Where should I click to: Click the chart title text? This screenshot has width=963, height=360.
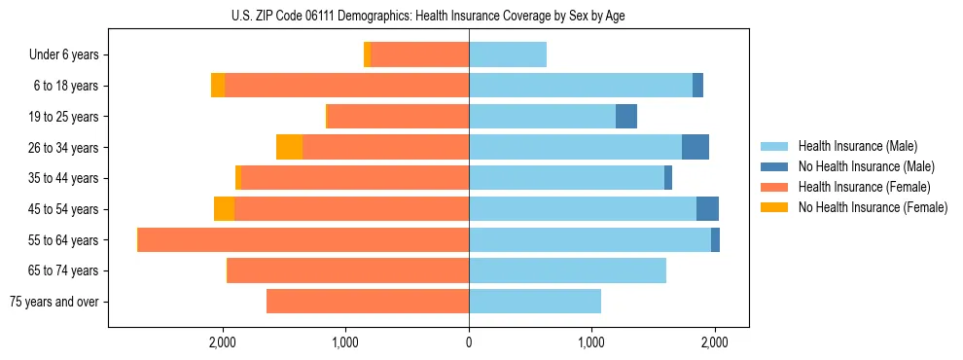coord(428,16)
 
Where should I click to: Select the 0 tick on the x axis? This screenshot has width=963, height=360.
coord(469,342)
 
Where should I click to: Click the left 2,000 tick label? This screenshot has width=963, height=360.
coord(223,342)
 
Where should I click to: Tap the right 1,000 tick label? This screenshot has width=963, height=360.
coord(591,342)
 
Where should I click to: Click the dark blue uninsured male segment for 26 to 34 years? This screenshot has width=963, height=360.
coord(695,147)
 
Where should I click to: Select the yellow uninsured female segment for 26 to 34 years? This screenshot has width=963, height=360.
coord(289,147)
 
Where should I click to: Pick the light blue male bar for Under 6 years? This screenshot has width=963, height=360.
coord(508,55)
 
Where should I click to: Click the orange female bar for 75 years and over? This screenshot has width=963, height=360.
coord(368,302)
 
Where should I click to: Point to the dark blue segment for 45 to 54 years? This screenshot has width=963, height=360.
coord(707,209)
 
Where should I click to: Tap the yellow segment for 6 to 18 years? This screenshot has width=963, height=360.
coord(218,86)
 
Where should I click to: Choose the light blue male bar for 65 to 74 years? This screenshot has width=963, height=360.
coord(567,270)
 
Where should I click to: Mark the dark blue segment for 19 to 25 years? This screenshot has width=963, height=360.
coord(626,117)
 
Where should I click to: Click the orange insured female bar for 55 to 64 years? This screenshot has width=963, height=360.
coord(303,239)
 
